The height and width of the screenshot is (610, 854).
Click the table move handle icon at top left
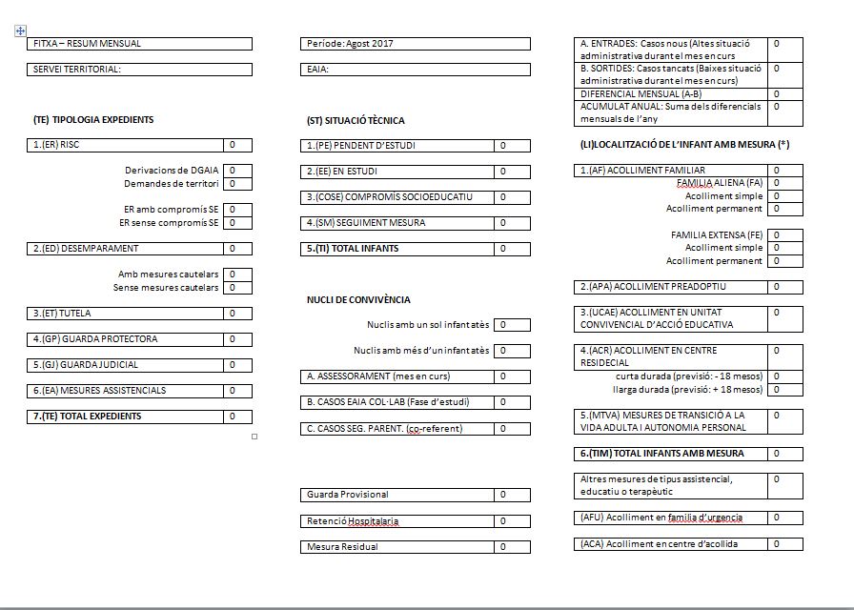coord(20,31)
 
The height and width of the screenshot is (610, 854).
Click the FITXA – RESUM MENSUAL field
coord(141,44)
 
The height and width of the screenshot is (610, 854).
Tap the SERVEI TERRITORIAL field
coord(141,70)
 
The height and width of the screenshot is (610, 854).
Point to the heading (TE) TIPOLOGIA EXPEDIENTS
coord(93,120)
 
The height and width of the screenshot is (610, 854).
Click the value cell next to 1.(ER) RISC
coord(238,145)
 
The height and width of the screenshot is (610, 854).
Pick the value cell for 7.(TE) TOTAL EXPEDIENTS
coord(238,417)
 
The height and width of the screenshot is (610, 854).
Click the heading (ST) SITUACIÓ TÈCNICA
coord(356,121)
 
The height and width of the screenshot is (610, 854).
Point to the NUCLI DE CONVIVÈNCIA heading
coord(357,300)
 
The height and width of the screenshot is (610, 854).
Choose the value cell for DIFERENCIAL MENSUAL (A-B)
coord(785,94)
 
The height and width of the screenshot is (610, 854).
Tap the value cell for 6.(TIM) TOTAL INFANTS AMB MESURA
coord(785,454)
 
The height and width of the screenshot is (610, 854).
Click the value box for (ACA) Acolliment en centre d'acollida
coord(785,544)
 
